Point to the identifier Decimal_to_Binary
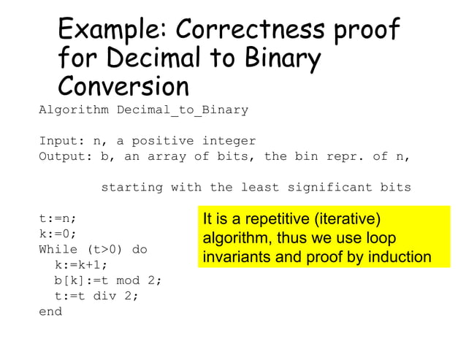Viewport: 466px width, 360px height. point(183,110)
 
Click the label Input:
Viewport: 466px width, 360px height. point(58,141)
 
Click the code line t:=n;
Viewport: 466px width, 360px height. point(58,218)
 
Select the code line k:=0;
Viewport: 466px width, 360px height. point(58,234)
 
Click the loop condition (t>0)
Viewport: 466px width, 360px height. point(105,250)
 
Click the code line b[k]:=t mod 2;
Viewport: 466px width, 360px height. point(108,280)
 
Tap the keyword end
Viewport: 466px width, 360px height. point(50,312)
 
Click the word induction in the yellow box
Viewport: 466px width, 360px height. point(400,257)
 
